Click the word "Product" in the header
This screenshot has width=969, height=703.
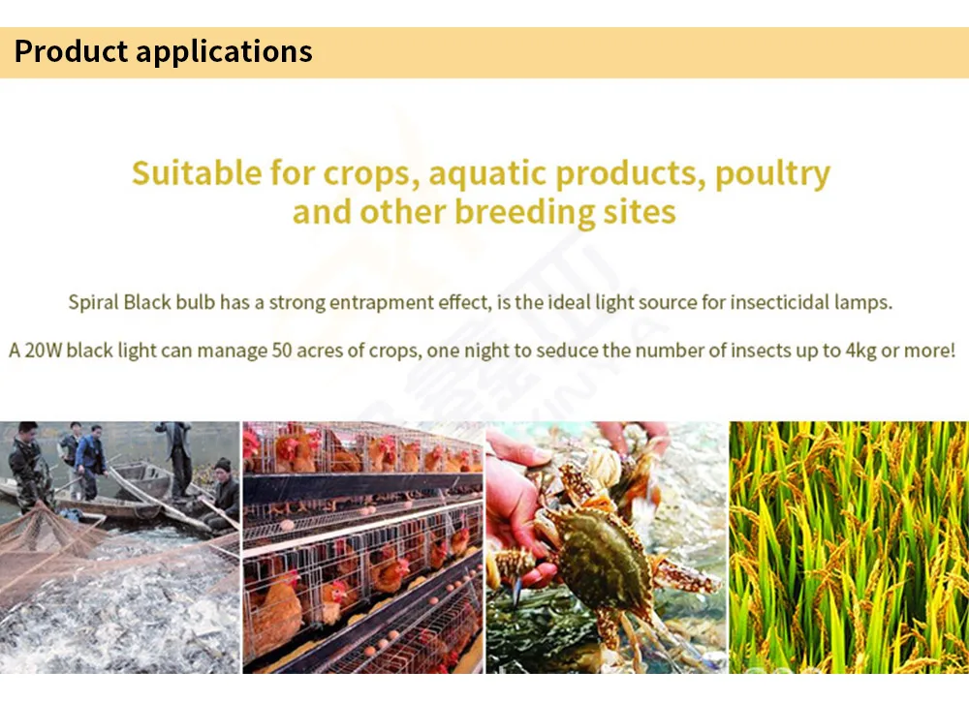tap(71, 50)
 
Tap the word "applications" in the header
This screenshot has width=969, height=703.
tap(225, 52)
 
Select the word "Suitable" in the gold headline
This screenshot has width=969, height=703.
tap(197, 172)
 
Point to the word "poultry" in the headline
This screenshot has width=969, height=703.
tap(772, 174)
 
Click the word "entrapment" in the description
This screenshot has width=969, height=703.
tap(381, 303)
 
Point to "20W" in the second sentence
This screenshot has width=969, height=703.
tap(44, 351)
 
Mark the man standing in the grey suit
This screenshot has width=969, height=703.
tap(176, 456)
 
